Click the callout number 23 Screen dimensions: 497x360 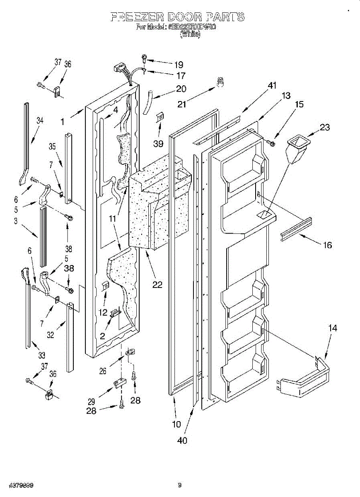[x=324, y=128]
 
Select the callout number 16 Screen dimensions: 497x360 [x=327, y=245]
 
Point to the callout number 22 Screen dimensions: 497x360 [x=157, y=285]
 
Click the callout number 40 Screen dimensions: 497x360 [x=182, y=440]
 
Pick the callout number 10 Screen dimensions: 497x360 [x=176, y=424]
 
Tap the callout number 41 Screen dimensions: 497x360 [x=272, y=86]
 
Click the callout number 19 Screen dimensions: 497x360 [x=179, y=65]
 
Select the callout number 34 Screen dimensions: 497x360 [x=40, y=121]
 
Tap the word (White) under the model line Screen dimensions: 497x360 [x=190, y=35]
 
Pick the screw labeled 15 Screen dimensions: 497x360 [x=272, y=143]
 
